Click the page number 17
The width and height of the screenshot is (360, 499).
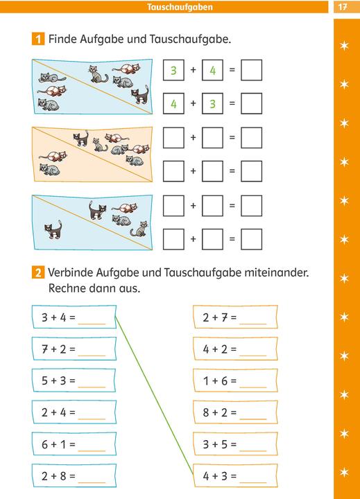342,7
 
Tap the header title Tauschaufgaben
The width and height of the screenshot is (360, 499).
180,7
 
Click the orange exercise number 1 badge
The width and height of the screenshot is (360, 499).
38,40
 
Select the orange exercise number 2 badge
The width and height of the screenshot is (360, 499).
38,273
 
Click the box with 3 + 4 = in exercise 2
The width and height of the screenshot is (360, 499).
74,318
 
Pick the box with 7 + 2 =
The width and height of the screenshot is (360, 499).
74,349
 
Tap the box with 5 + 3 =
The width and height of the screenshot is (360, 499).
74,380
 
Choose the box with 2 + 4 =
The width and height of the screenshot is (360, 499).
74,412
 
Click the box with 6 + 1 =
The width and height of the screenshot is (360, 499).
74,444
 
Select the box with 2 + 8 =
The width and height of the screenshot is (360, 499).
74,475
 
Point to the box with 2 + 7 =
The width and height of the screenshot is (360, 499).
234,318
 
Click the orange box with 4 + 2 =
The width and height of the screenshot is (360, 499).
234,349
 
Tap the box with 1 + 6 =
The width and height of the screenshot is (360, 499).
234,380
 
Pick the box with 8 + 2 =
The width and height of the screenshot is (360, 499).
234,412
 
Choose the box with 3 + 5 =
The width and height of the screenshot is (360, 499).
234,444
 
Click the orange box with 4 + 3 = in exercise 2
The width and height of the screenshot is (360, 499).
234,475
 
